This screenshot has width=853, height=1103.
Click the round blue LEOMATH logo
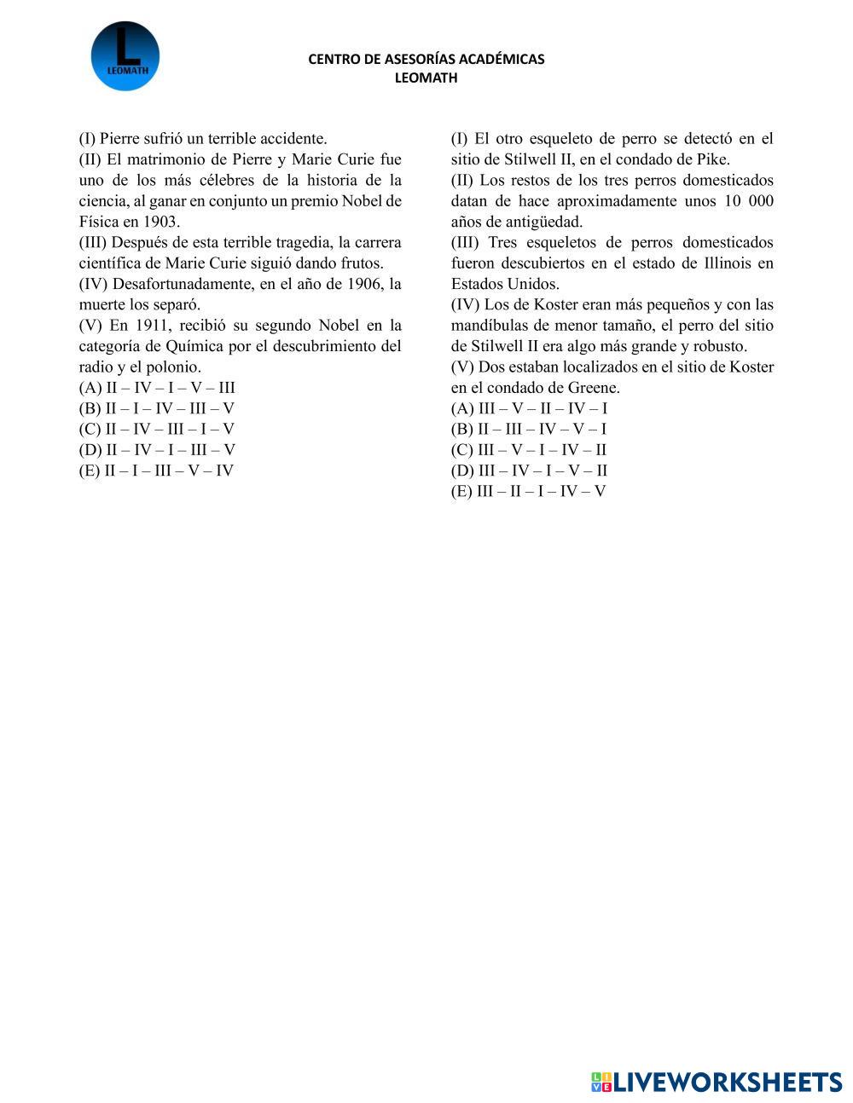pos(125,56)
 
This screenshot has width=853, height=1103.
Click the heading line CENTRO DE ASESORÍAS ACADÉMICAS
pos(426,59)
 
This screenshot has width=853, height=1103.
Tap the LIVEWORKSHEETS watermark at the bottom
pos(717,1082)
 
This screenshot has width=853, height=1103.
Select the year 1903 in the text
pos(160,222)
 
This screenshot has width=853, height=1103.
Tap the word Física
pos(99,222)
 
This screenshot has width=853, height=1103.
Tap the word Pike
pos(712,159)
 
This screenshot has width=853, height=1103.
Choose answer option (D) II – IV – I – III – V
pos(157,450)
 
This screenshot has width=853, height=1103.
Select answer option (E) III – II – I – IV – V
pos(528,491)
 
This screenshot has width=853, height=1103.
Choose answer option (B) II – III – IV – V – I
pos(529,429)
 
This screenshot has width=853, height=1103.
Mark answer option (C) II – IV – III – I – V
pos(157,429)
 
